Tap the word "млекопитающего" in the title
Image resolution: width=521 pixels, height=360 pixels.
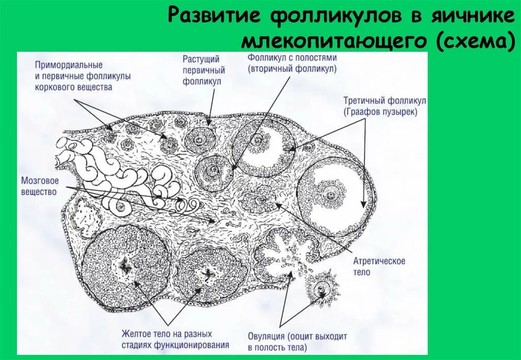(335, 42)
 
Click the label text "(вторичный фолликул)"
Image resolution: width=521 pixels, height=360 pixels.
(293, 68)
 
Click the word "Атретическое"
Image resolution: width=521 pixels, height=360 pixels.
(380, 261)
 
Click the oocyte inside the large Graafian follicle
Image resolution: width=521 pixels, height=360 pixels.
(332, 195)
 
